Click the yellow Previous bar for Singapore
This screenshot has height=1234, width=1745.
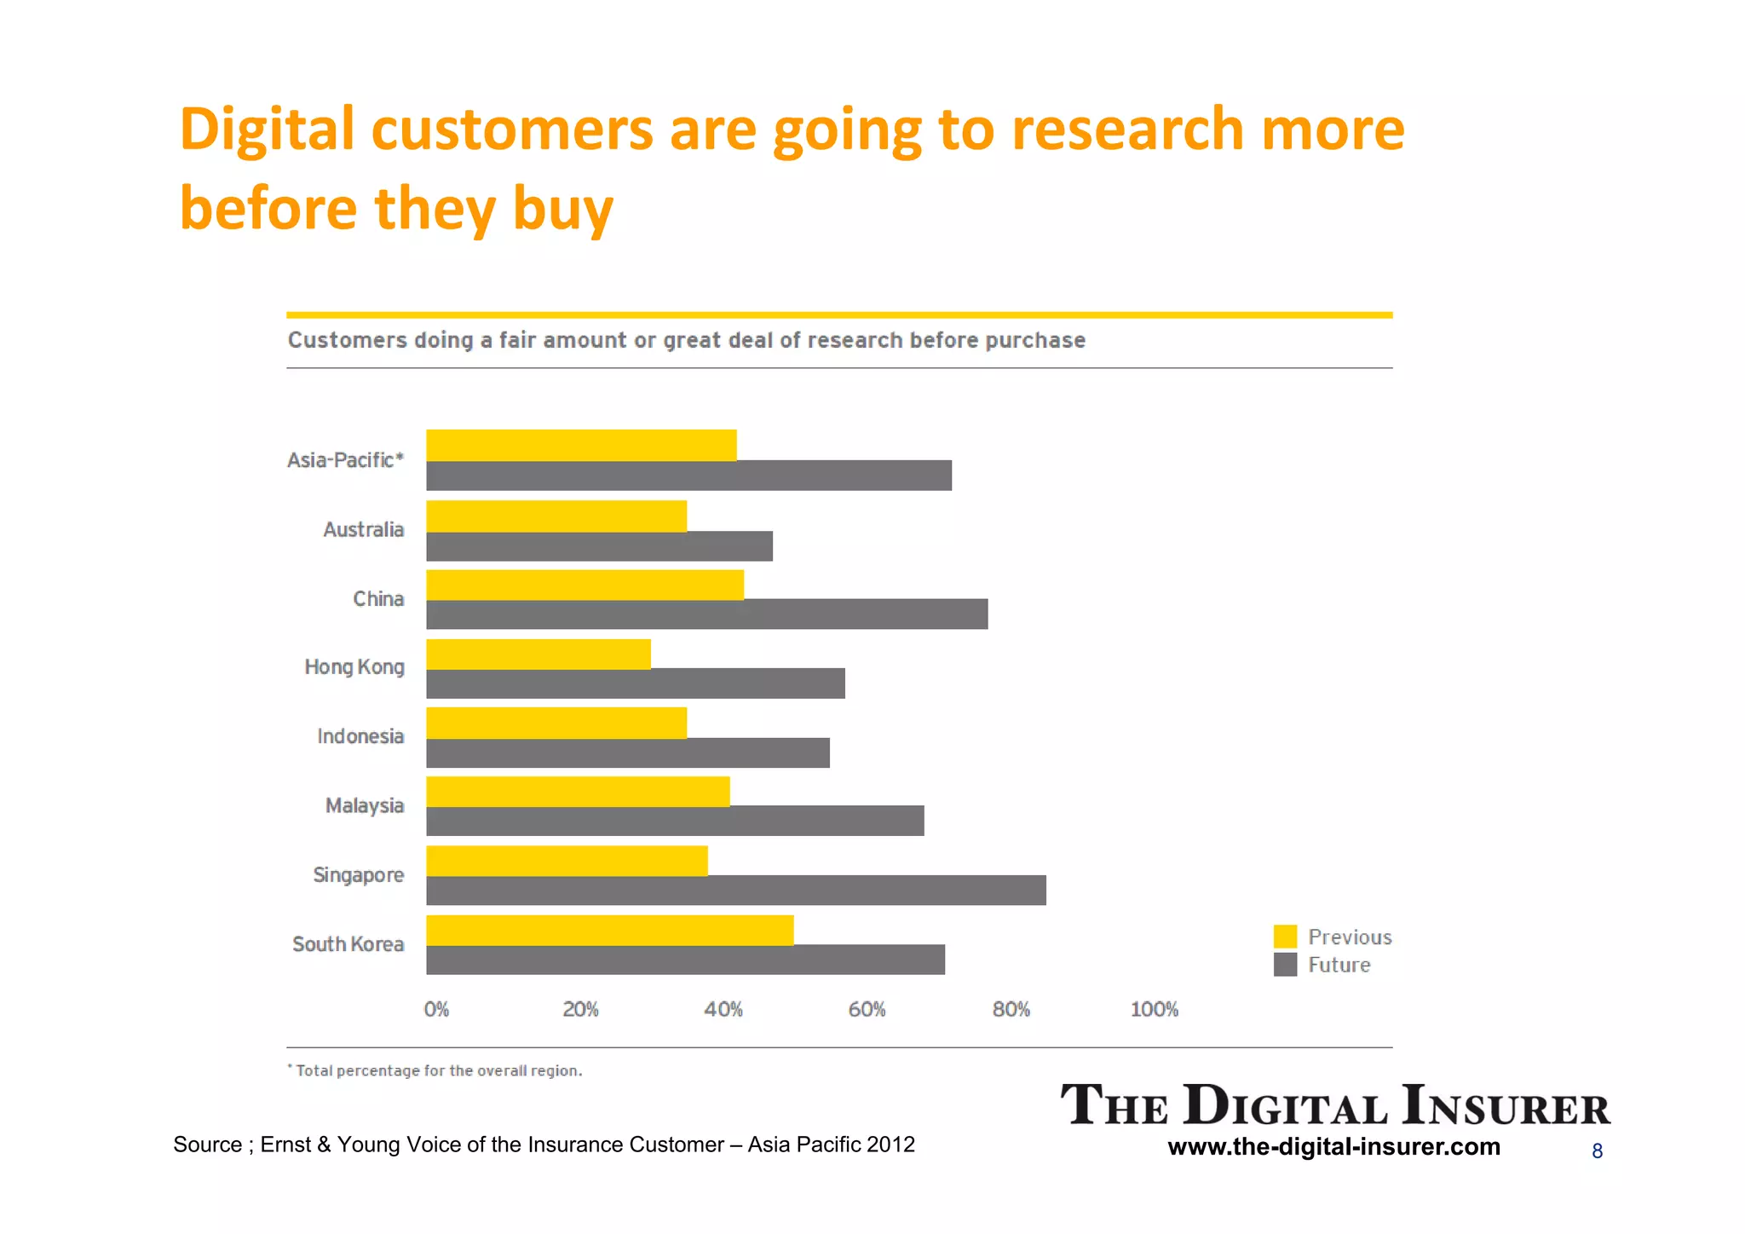pyautogui.click(x=567, y=861)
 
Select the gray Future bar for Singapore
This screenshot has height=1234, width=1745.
pyautogui.click(x=735, y=891)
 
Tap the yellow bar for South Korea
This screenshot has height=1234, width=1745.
pyautogui.click(x=609, y=930)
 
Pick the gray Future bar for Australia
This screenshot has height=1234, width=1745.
pyautogui.click(x=599, y=546)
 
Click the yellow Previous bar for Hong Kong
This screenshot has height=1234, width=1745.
pyautogui.click(x=538, y=654)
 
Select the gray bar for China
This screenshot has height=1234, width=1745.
pyautogui.click(x=706, y=614)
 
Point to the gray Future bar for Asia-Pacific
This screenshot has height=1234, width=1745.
pyautogui.click(x=688, y=476)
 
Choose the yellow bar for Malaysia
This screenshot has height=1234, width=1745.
pyautogui.click(x=578, y=792)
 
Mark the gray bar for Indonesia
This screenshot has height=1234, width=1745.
pyautogui.click(x=627, y=753)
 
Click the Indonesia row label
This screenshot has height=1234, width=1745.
pyautogui.click(x=360, y=736)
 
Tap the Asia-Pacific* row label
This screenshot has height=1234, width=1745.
pyautogui.click(x=345, y=460)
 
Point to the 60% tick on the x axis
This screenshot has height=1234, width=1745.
pyautogui.click(x=867, y=1010)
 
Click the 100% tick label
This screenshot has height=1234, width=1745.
pyautogui.click(x=1154, y=1010)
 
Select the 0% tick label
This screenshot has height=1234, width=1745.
pyautogui.click(x=436, y=1010)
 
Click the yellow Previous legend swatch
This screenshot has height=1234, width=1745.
pyautogui.click(x=1285, y=937)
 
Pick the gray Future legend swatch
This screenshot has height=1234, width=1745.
pyautogui.click(x=1285, y=965)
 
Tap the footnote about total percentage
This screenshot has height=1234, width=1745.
pyautogui.click(x=435, y=1070)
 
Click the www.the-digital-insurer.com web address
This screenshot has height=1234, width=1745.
pyautogui.click(x=1333, y=1146)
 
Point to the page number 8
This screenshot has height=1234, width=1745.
pyautogui.click(x=1597, y=1151)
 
